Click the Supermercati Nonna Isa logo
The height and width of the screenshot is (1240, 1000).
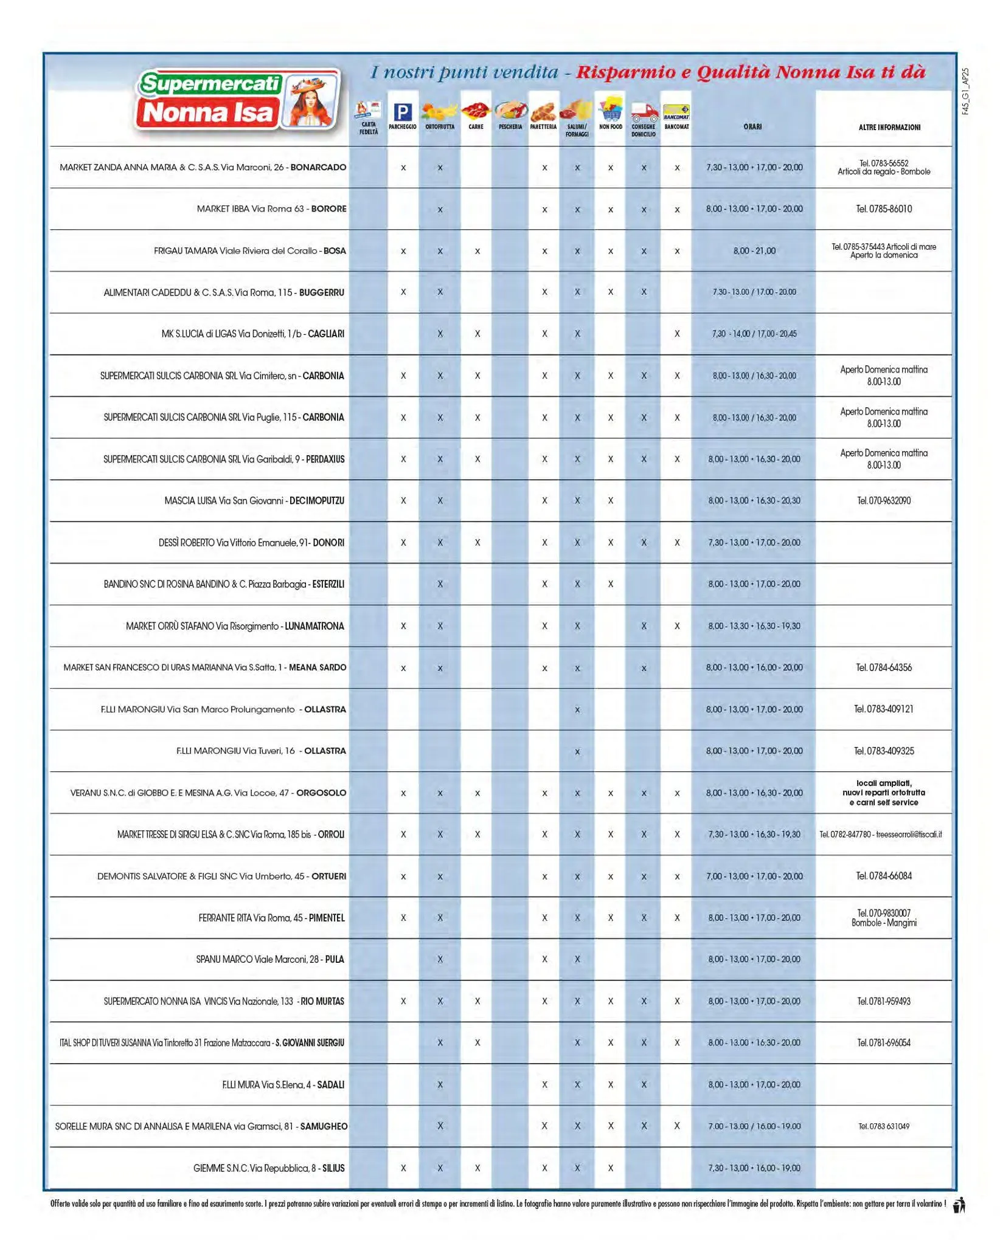(237, 100)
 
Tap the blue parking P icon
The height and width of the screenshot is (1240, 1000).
(403, 112)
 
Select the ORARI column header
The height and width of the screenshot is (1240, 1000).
(752, 127)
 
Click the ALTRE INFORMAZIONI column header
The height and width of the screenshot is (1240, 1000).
(889, 128)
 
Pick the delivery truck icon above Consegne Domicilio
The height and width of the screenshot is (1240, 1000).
(644, 112)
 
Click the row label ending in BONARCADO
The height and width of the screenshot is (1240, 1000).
(203, 167)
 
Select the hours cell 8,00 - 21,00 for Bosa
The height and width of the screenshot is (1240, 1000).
(754, 251)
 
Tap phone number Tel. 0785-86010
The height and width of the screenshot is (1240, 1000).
(884, 209)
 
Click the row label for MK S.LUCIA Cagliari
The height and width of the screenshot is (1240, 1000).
(252, 334)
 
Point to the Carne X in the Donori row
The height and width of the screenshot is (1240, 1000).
(477, 543)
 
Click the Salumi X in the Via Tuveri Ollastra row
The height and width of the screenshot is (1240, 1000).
(577, 752)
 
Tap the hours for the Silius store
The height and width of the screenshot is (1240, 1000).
(754, 1168)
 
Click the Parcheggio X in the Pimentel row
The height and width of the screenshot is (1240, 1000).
(403, 918)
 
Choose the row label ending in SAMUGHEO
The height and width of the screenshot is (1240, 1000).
(201, 1126)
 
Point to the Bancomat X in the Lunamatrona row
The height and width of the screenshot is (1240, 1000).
(677, 626)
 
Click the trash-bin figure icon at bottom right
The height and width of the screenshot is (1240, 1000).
(960, 1204)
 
